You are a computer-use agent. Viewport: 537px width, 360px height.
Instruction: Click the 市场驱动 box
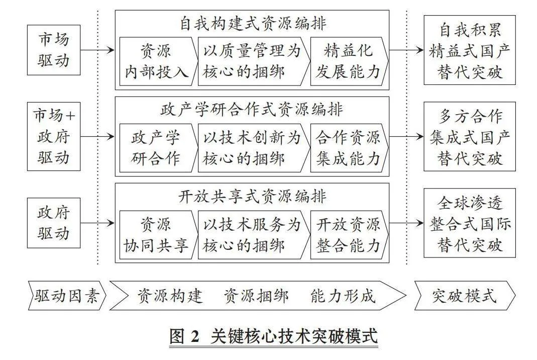point(54,50)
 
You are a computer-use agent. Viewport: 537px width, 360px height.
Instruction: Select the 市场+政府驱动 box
point(54,136)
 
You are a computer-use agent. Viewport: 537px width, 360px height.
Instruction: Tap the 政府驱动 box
point(54,223)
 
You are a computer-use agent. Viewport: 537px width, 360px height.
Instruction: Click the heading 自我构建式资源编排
point(253,24)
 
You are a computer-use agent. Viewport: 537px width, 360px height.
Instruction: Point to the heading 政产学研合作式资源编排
point(252,110)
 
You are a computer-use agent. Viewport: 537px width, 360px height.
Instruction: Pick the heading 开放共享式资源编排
point(253,197)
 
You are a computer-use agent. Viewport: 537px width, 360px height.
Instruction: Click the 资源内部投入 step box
point(158,61)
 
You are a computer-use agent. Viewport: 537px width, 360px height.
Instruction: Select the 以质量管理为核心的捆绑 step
point(254,61)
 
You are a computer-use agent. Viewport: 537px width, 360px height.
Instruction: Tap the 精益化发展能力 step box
point(349,61)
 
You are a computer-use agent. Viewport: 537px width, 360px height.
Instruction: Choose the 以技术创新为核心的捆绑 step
point(254,148)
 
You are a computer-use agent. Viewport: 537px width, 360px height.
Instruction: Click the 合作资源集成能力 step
point(349,148)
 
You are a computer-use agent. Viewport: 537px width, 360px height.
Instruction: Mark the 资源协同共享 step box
point(158,234)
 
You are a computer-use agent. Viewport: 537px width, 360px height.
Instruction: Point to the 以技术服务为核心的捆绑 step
point(254,234)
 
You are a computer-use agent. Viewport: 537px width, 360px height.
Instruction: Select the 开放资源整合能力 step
point(349,234)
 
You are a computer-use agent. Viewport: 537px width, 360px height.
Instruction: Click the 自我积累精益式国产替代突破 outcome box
point(470,50)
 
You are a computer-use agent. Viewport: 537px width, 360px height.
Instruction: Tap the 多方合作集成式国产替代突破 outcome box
point(470,136)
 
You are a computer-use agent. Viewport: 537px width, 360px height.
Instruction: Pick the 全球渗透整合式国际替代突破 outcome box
point(470,223)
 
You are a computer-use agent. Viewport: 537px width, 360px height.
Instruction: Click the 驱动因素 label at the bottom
point(67,296)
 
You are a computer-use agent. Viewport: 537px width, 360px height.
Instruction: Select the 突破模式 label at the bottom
point(465,296)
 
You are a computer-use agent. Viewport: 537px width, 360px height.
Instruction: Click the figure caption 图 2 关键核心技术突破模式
point(274,337)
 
